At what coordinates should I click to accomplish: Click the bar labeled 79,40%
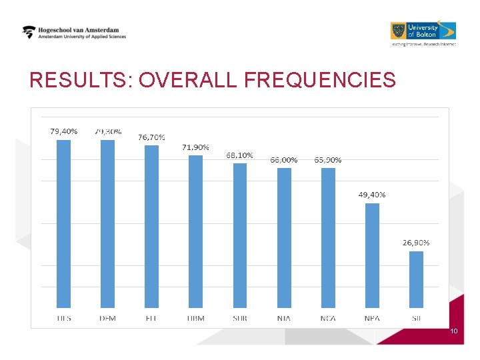pos(63,223)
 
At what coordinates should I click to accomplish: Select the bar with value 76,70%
pos(151,227)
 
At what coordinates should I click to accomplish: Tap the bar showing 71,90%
pos(195,231)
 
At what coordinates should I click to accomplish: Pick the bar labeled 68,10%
pos(239,235)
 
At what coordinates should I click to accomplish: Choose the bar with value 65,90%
pos(328,237)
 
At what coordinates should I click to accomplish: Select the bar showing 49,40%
pos(372,255)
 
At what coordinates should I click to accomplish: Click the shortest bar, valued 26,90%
pos(416,279)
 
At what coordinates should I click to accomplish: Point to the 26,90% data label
pos(416,243)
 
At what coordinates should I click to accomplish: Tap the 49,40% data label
pos(372,195)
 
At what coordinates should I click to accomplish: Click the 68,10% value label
pos(239,155)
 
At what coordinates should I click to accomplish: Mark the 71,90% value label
pos(195,147)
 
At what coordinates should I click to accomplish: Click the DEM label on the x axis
pos(107,318)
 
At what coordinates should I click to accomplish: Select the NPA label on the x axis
pos(372,318)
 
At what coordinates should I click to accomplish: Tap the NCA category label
pos(328,318)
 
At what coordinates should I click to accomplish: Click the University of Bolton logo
pos(423,31)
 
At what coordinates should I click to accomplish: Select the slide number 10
pos(454,331)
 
